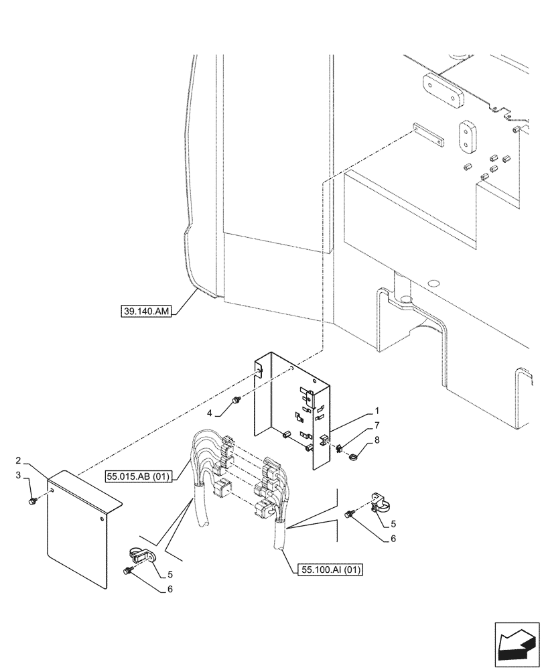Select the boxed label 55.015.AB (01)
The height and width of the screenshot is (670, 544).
(138, 476)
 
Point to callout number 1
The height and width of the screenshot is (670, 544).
(377, 410)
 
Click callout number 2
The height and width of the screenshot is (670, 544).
(19, 461)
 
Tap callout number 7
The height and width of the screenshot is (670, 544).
(377, 425)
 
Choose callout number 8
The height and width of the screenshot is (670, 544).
(377, 440)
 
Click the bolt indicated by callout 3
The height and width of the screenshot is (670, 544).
(33, 500)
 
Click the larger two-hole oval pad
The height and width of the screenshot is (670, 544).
(443, 88)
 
